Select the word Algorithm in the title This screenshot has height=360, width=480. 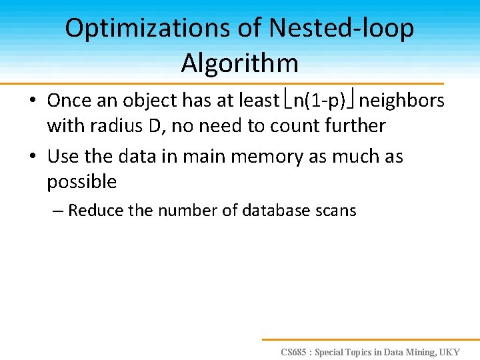239,63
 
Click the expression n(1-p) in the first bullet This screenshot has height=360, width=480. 319,101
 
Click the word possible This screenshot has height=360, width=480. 81,181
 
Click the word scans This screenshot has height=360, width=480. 337,211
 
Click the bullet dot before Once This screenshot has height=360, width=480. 33,101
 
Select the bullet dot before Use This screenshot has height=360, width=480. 33,157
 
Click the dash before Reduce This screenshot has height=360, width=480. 57,211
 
